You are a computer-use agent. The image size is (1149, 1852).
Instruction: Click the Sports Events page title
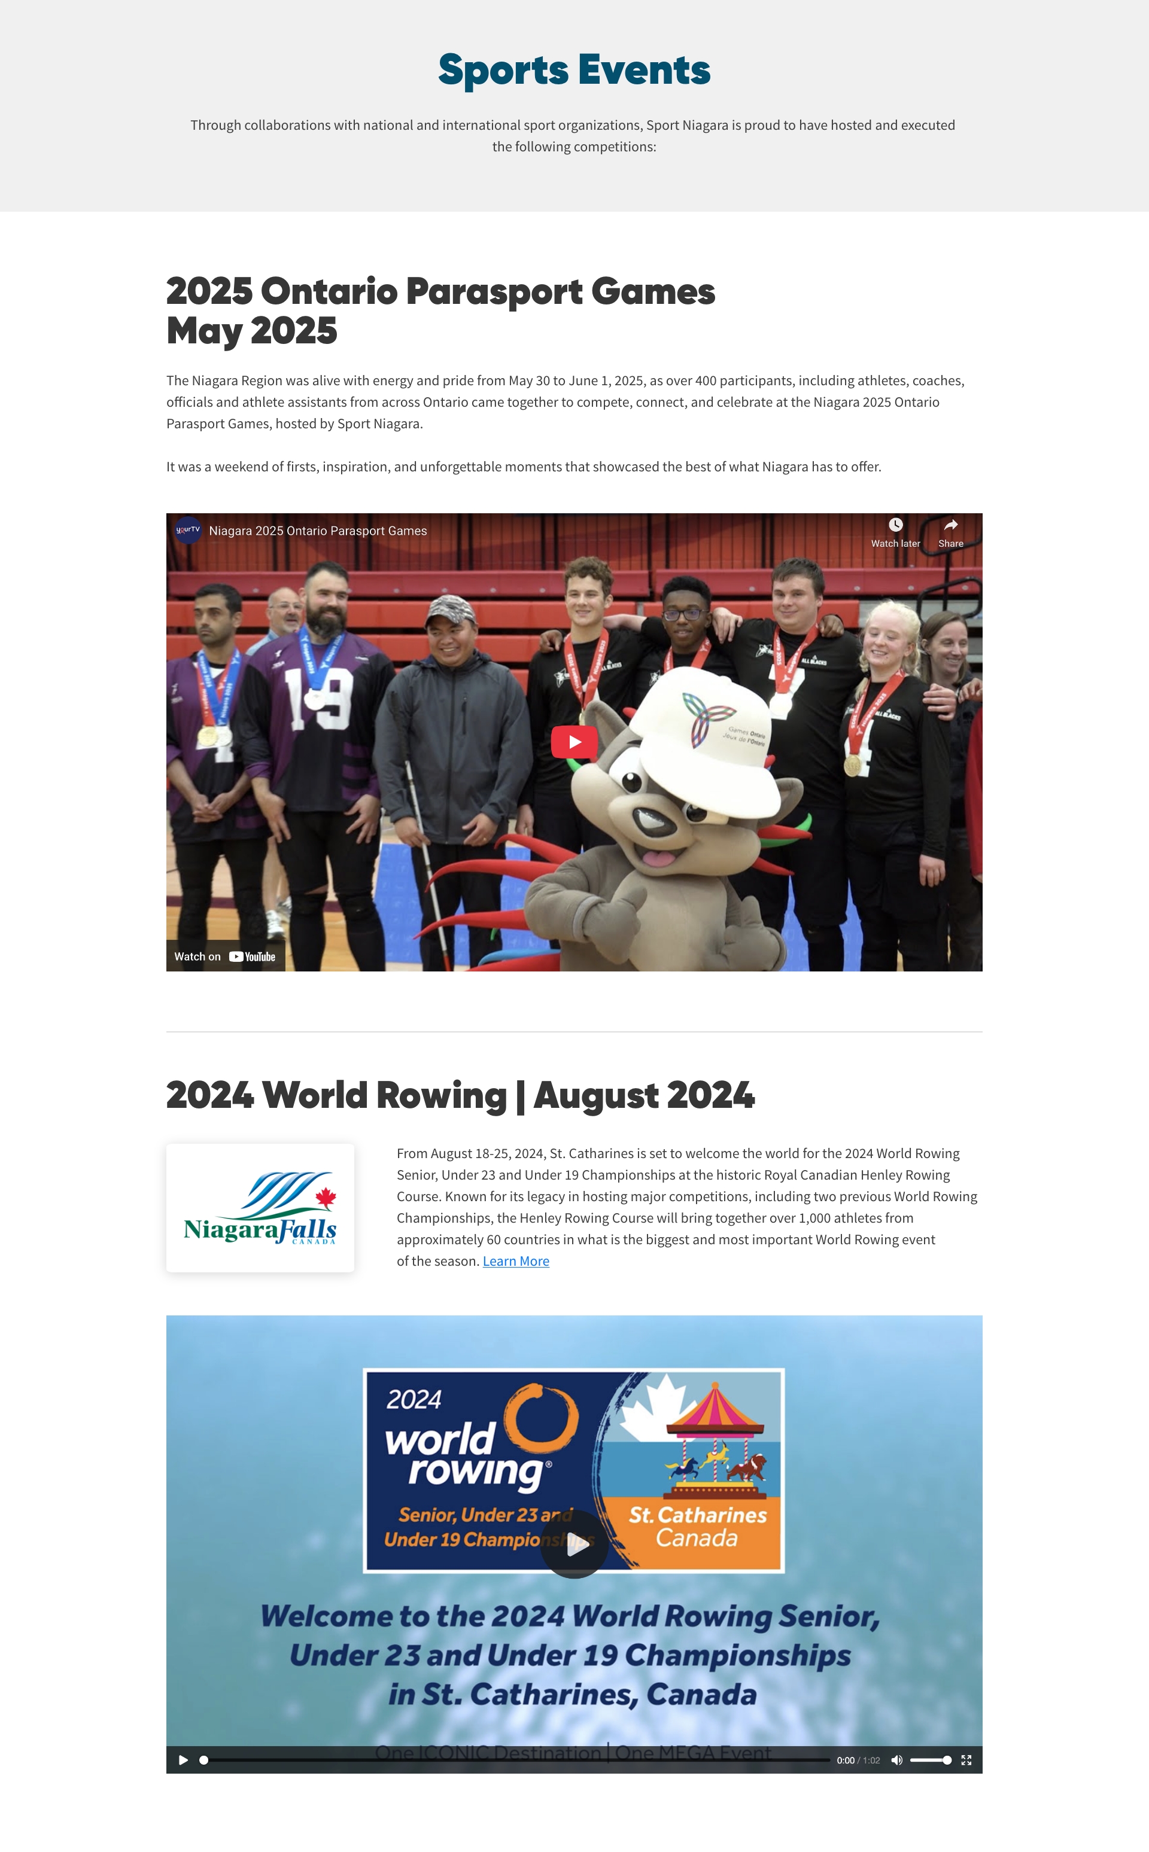pos(574,70)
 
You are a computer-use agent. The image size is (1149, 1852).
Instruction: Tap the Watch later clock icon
pos(896,525)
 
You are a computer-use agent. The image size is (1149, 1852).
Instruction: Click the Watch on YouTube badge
pos(226,957)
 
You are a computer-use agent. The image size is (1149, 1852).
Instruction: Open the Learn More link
pos(515,1261)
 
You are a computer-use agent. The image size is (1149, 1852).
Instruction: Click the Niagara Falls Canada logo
pos(260,1208)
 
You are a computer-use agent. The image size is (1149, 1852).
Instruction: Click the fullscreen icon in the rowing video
pos(966,1760)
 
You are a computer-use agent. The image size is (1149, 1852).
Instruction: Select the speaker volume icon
pos(896,1760)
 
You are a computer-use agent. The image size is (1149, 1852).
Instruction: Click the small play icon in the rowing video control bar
pos(183,1760)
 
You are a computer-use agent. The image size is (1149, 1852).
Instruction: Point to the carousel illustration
pos(715,1436)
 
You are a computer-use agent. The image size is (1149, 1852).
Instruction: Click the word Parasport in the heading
pos(495,292)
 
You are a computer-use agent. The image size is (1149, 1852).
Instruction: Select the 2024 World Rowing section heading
pos(460,1095)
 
